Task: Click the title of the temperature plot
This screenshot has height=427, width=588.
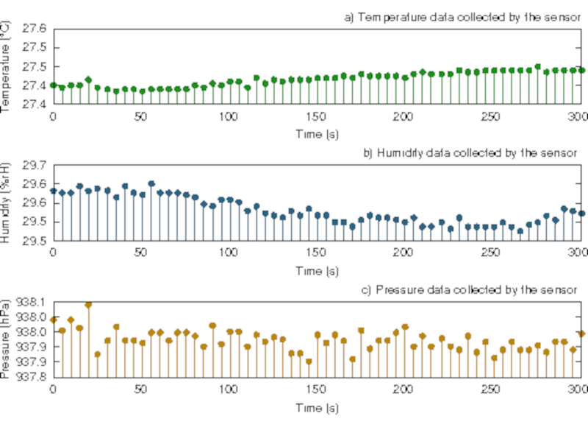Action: [x=462, y=17]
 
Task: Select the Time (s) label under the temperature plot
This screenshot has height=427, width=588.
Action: [x=316, y=135]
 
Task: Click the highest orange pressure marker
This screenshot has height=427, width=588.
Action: [x=88, y=304]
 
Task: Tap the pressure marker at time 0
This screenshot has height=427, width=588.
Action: [x=53, y=320]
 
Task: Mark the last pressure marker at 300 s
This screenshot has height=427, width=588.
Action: [x=581, y=334]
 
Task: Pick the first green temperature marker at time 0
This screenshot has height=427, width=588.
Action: [x=53, y=85]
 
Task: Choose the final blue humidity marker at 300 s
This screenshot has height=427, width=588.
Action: [x=581, y=213]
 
